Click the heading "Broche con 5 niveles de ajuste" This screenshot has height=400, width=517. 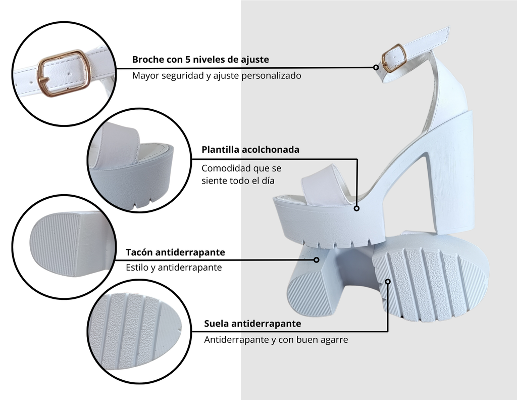click(200, 60)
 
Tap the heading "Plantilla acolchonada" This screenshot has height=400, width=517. click(250, 150)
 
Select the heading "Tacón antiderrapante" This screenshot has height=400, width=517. click(175, 252)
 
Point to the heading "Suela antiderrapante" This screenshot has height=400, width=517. click(252, 323)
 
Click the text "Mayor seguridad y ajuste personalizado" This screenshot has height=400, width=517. click(217, 76)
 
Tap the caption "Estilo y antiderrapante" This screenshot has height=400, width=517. click(174, 267)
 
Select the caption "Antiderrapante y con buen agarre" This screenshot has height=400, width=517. click(276, 339)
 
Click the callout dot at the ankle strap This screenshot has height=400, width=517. click(376, 67)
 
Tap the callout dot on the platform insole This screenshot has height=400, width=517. click(356, 208)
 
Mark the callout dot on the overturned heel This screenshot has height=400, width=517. click(317, 260)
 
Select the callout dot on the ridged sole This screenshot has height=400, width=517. click(388, 282)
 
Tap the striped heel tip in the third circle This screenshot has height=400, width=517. click(55, 244)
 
